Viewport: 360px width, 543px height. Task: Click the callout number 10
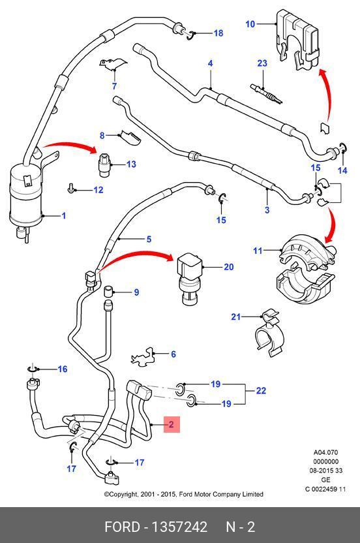(250, 24)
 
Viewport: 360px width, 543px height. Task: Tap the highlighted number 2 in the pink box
(171, 424)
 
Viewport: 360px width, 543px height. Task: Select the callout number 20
(228, 267)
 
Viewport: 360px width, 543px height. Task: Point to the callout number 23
(262, 63)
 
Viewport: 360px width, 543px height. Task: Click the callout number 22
(261, 391)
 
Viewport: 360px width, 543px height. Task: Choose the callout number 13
(131, 164)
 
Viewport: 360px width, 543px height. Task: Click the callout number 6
(173, 354)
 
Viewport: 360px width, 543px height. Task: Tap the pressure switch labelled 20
(188, 279)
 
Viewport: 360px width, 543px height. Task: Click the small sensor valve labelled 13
(105, 165)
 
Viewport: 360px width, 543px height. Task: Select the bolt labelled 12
(70, 189)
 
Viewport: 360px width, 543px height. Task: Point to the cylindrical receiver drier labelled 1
(26, 196)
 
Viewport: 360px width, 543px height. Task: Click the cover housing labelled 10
(297, 40)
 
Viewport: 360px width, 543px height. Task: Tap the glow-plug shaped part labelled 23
(266, 93)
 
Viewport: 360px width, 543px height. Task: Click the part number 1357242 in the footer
(179, 527)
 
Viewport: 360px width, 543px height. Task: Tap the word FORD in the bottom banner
(122, 527)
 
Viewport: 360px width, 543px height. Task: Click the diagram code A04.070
(325, 452)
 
